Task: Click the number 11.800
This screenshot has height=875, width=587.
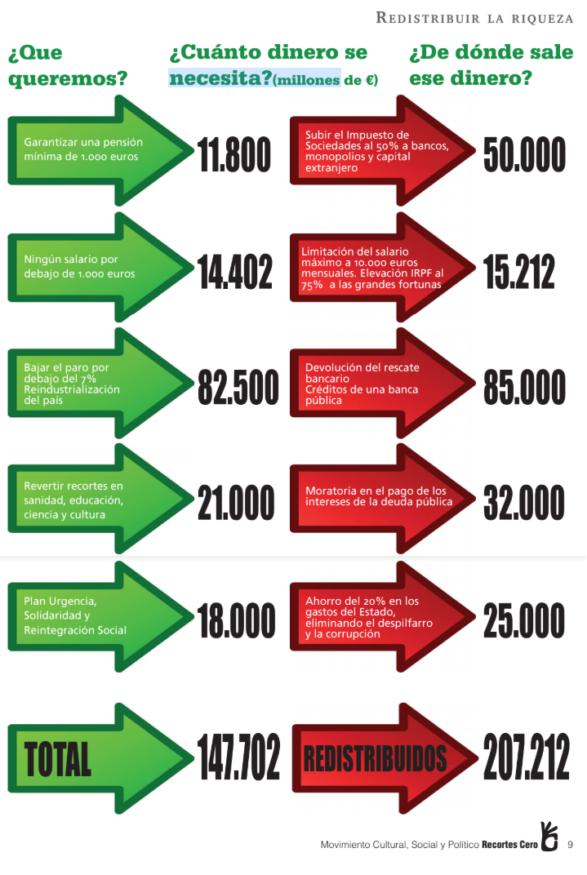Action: click(x=234, y=154)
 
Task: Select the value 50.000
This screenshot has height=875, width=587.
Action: click(x=524, y=154)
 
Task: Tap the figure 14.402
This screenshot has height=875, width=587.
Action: click(x=235, y=272)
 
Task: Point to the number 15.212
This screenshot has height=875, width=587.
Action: click(x=519, y=272)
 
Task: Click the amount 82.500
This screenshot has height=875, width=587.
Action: click(x=238, y=387)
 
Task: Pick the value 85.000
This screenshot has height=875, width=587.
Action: click(x=524, y=387)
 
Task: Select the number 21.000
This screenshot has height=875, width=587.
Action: click(x=236, y=503)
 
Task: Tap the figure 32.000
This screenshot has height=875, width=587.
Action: click(x=524, y=503)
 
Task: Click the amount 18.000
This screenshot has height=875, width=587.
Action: click(x=237, y=620)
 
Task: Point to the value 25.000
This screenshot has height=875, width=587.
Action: click(x=524, y=620)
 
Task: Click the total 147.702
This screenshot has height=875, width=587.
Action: click(x=238, y=757)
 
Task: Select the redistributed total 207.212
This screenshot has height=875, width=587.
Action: click(x=527, y=757)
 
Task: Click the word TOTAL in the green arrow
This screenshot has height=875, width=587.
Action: click(x=57, y=759)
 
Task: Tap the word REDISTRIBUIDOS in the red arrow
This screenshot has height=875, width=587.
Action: click(x=375, y=759)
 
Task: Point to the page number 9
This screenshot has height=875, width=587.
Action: click(x=570, y=845)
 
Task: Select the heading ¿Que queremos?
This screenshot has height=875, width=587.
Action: click(x=68, y=65)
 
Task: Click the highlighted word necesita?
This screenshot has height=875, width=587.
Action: click(x=221, y=78)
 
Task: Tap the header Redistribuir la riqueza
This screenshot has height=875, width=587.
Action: click(x=474, y=18)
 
